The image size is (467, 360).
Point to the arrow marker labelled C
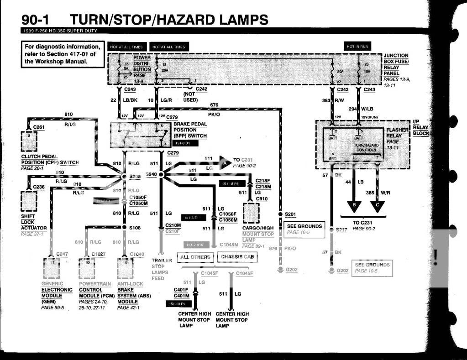(378, 206)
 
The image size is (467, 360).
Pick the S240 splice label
(151, 174)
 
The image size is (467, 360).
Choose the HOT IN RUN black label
(357, 47)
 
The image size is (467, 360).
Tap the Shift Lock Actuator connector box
(29, 201)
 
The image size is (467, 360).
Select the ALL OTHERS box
(195, 257)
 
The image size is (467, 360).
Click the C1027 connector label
(98, 254)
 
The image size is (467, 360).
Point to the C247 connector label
(62, 254)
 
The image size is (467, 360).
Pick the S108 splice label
(134, 227)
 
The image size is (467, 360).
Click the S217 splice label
(341, 230)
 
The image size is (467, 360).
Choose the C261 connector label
(39, 127)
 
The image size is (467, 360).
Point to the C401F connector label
(181, 289)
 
